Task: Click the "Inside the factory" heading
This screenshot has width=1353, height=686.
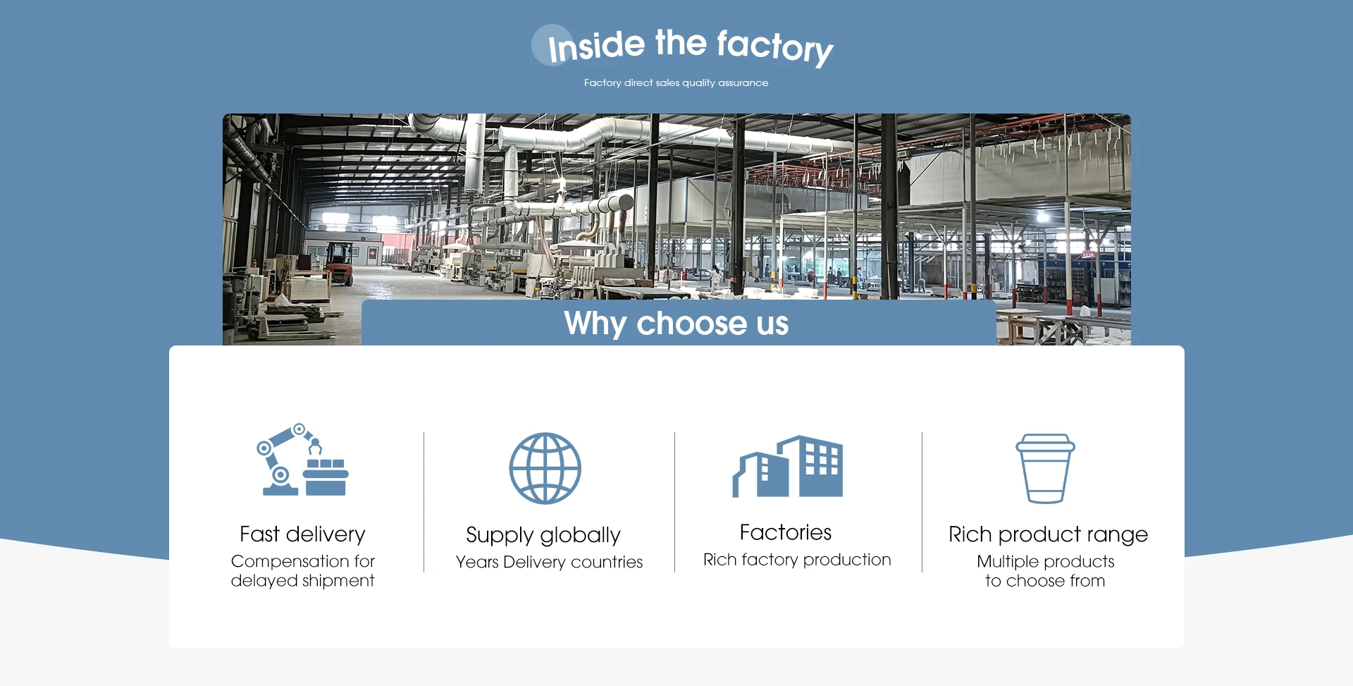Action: [x=690, y=46]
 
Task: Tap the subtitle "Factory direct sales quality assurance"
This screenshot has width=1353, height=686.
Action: [x=676, y=83]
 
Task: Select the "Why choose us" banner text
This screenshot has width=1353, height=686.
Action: [x=676, y=324]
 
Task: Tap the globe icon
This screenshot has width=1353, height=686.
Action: [x=545, y=468]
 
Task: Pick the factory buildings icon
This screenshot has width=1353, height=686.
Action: [x=788, y=466]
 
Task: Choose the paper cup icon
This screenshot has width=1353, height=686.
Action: [x=1045, y=468]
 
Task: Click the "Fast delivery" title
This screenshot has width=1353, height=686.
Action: [x=302, y=534]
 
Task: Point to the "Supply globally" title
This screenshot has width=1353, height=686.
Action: [x=543, y=535]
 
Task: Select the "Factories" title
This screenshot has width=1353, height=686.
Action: [x=785, y=532]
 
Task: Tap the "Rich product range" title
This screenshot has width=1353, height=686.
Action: [x=1048, y=534]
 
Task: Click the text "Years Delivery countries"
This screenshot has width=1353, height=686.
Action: [x=549, y=562]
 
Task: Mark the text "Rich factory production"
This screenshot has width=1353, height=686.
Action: [x=797, y=560]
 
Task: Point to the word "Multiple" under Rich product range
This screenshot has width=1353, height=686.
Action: [x=1007, y=562]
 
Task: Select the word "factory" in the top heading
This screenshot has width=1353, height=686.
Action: [x=774, y=47]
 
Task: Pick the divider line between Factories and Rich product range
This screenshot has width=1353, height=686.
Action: [x=922, y=502]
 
